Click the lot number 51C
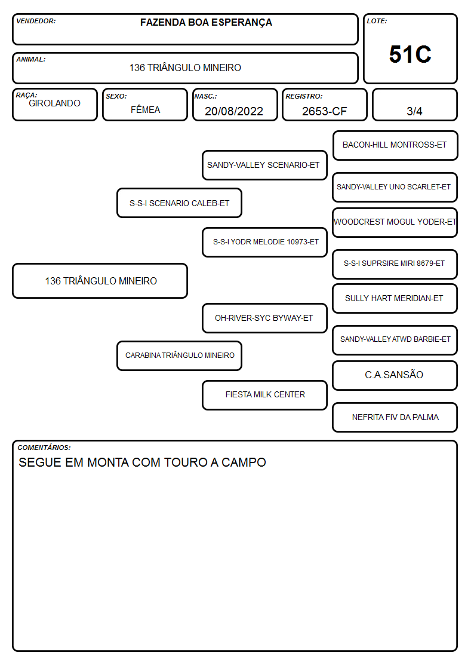[x=410, y=54]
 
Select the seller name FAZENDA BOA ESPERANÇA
[x=206, y=23]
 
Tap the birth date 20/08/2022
[x=234, y=111]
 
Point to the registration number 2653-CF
[x=324, y=111]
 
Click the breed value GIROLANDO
[x=54, y=103]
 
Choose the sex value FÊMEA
[x=145, y=109]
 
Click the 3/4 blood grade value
[x=414, y=111]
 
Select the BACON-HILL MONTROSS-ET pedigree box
[x=395, y=146]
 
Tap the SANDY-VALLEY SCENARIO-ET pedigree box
[x=264, y=165]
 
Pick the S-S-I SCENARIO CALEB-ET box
[x=179, y=203]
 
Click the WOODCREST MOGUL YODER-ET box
[x=395, y=222]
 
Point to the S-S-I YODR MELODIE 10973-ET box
[x=264, y=242]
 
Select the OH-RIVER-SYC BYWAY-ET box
[x=264, y=318]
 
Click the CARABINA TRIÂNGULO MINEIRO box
[x=179, y=356]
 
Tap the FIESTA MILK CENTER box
[x=264, y=395]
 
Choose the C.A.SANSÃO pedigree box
[x=395, y=375]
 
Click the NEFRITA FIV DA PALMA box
[x=395, y=417]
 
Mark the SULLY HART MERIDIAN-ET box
[x=395, y=299]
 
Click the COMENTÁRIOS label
[x=44, y=448]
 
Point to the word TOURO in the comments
[x=183, y=462]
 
